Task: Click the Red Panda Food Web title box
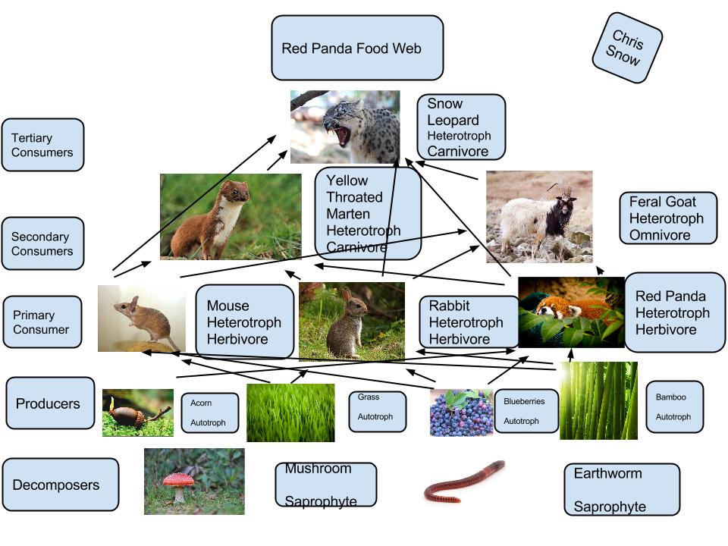click(x=357, y=48)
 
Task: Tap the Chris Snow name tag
click(x=627, y=47)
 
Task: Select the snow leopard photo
click(x=345, y=127)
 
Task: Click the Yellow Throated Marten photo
click(x=231, y=216)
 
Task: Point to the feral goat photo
click(x=538, y=216)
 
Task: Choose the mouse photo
click(x=141, y=318)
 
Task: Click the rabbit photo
click(x=351, y=320)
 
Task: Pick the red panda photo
click(x=570, y=312)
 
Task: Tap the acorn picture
click(x=137, y=413)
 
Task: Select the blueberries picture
click(x=461, y=413)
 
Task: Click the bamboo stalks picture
click(x=598, y=400)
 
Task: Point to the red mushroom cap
click(x=178, y=479)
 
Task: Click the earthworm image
click(x=464, y=482)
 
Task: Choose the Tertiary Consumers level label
click(x=42, y=145)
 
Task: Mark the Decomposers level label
click(x=61, y=485)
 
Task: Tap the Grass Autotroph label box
click(x=377, y=412)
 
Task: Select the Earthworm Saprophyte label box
click(x=621, y=490)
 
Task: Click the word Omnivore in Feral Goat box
click(x=660, y=235)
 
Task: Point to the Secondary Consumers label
click(x=42, y=244)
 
